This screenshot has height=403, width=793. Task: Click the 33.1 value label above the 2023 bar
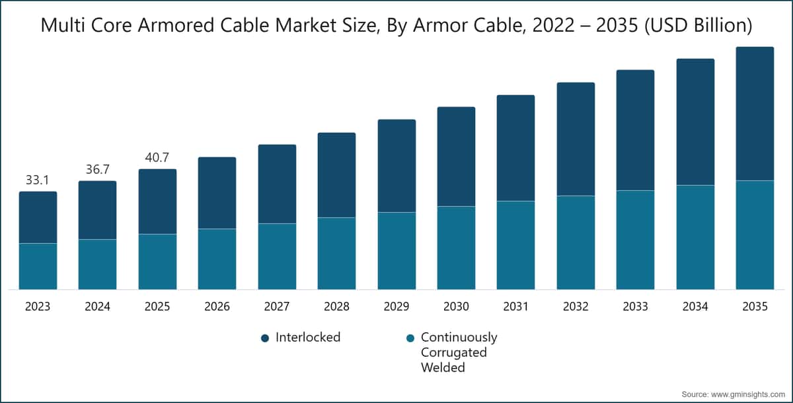(38, 180)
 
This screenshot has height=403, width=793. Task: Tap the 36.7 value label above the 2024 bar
(97, 170)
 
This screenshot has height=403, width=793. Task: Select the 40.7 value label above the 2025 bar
(157, 158)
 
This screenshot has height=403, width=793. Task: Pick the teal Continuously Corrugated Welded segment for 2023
(38, 266)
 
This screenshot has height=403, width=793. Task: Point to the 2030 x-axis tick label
(456, 307)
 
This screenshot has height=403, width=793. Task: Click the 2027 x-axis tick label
(277, 307)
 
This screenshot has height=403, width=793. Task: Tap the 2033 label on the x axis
(635, 307)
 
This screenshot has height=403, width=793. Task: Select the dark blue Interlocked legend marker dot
(265, 338)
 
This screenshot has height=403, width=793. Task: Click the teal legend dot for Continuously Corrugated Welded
(410, 338)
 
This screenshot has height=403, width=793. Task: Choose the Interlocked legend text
(308, 338)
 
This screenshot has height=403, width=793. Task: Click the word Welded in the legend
(443, 367)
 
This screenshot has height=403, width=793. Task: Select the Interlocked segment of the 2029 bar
(397, 166)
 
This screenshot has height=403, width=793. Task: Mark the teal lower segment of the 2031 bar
(515, 245)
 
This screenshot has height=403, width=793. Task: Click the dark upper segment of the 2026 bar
(217, 193)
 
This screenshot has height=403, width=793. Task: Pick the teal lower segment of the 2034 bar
(695, 237)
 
